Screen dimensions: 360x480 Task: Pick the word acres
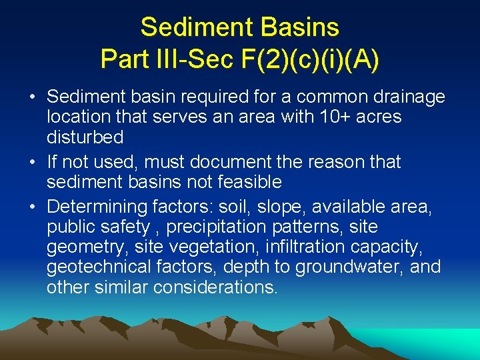tap(377, 117)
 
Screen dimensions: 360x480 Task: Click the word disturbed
tap(85, 137)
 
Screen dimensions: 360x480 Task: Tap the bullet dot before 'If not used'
tap(33, 162)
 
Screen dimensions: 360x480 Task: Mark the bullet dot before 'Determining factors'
tap(33, 207)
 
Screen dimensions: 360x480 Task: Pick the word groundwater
tap(349, 267)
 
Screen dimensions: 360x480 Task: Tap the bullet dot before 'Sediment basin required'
tap(33, 97)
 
